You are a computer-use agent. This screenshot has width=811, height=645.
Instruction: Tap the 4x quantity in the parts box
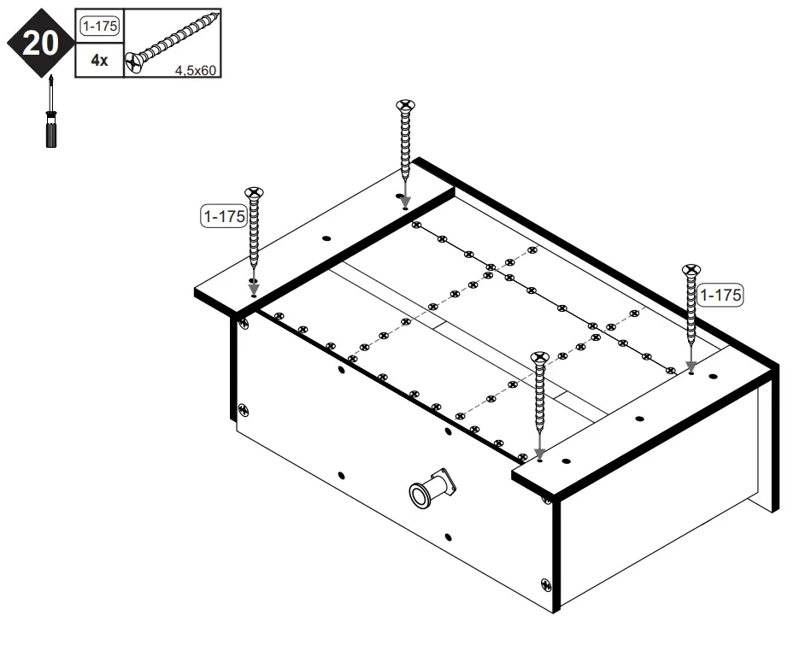click(99, 61)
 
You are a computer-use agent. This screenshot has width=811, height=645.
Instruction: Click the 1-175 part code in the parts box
click(100, 26)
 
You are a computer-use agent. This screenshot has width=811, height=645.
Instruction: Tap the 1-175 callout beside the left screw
click(222, 216)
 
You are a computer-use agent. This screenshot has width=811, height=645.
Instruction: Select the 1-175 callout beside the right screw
click(720, 295)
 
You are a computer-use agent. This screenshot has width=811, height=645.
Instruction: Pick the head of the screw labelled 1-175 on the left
click(255, 193)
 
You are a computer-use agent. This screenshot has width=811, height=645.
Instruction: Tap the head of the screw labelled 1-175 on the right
click(690, 271)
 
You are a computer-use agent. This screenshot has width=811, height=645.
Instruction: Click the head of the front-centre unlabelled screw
click(538, 356)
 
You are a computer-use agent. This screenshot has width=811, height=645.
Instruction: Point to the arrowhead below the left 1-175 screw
click(254, 290)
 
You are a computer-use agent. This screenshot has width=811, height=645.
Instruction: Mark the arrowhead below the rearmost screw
click(404, 202)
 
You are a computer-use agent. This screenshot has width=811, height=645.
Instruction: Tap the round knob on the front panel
click(422, 493)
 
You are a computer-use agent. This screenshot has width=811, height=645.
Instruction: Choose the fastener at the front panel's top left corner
click(244, 322)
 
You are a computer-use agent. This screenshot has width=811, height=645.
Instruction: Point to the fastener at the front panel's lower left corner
click(244, 411)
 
